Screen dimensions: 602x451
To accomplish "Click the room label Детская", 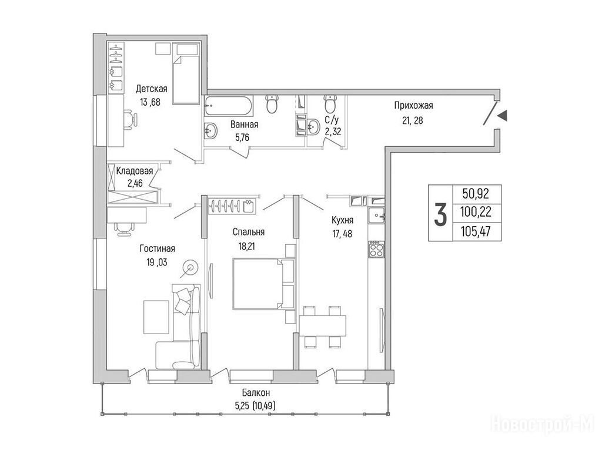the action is pyautogui.click(x=152, y=89).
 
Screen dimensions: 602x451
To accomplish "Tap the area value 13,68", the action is pyautogui.click(x=150, y=102).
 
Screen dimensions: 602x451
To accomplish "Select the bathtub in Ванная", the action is pyautogui.click(x=229, y=106).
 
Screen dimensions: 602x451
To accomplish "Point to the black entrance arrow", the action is pyautogui.click(x=501, y=116).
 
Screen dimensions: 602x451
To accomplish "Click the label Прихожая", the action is pyautogui.click(x=413, y=106).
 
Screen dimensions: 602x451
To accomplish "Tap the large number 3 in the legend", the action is pyautogui.click(x=441, y=214).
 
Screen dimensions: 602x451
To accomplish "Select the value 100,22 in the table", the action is pyautogui.click(x=476, y=211).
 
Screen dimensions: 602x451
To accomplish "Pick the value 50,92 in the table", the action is pyautogui.click(x=476, y=194).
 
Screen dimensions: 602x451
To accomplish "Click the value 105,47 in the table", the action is pyautogui.click(x=476, y=231).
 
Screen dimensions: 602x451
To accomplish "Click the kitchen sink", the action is pyautogui.click(x=376, y=216).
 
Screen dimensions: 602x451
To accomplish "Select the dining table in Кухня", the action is pyautogui.click(x=323, y=325).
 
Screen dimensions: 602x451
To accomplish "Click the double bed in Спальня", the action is pyautogui.click(x=263, y=284).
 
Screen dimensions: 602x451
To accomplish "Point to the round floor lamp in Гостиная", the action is pyautogui.click(x=190, y=267).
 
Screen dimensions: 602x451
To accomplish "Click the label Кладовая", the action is pyautogui.click(x=135, y=171).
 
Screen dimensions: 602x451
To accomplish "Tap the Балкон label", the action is pyautogui.click(x=256, y=393).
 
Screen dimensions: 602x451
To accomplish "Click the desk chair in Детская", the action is pyautogui.click(x=130, y=118).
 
